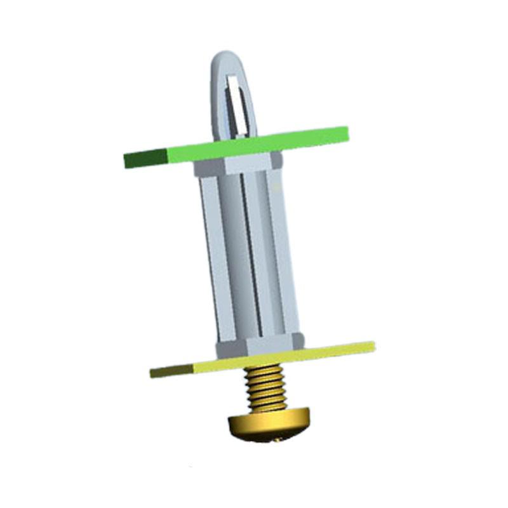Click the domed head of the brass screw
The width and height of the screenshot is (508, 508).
[267, 425]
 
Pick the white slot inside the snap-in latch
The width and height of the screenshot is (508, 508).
[234, 102]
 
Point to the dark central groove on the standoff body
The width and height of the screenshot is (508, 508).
[250, 254]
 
